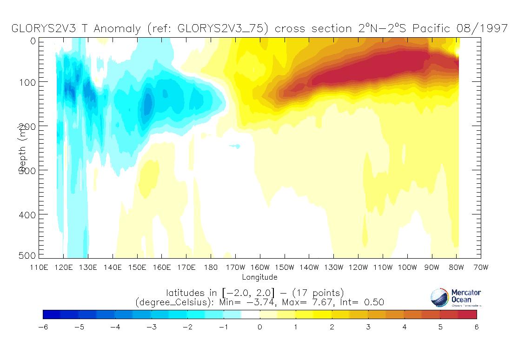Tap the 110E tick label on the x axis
point(39,267)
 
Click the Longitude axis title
point(260,277)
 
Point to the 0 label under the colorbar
point(260,327)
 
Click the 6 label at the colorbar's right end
point(476,327)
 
